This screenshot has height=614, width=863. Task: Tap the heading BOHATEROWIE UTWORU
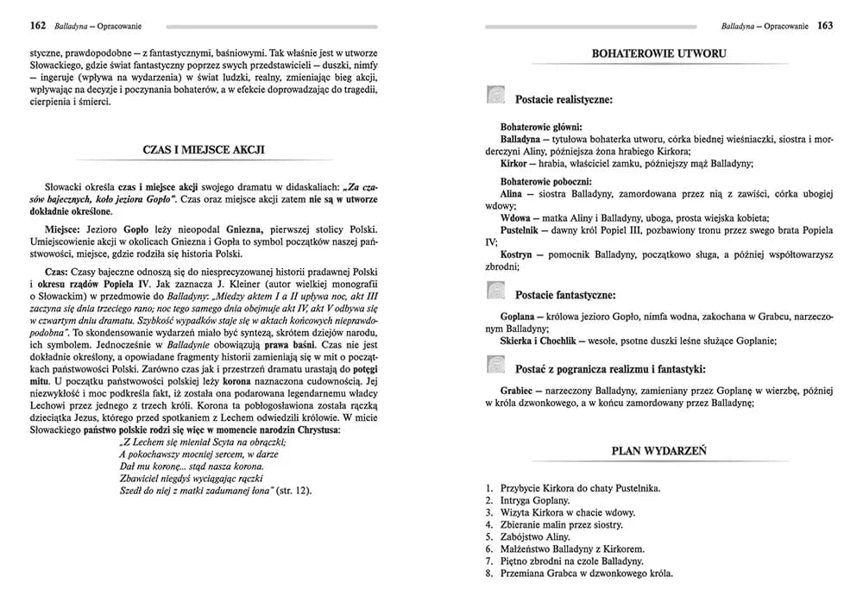pos(658,53)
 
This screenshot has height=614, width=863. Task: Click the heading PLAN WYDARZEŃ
pos(659,450)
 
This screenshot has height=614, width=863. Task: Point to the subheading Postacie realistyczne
pos(564,100)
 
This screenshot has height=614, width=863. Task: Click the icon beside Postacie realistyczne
pos(495,96)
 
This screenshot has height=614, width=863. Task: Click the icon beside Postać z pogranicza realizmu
pos(495,367)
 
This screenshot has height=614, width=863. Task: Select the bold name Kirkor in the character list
pos(514,163)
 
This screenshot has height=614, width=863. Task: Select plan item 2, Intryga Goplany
pos(535,500)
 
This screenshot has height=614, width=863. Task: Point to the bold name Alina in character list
pos(514,195)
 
